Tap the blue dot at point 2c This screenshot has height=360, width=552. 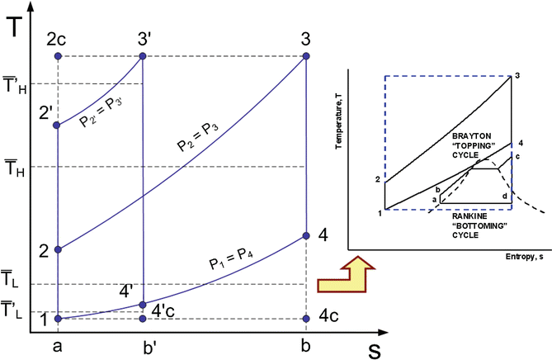58,56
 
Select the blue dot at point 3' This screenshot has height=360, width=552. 143,56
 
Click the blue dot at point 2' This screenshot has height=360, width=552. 58,126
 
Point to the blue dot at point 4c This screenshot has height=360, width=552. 306,318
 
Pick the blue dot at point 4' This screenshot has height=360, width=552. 143,305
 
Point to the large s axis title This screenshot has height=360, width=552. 374,348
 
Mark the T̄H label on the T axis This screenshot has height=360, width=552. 13,166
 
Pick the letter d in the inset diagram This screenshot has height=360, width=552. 504,196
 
